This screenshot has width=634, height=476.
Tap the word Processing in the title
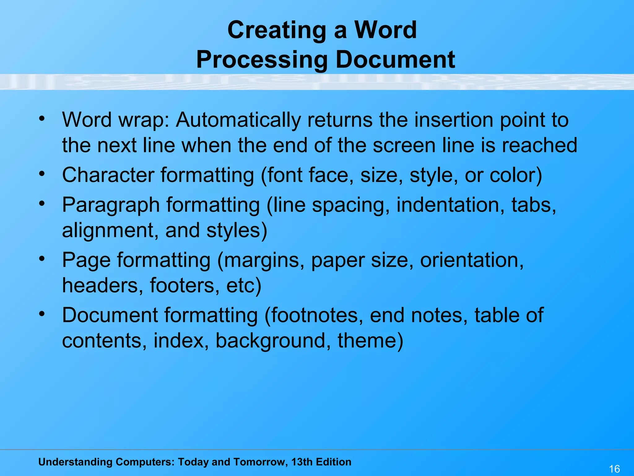click(x=262, y=59)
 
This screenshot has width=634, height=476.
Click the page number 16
click(x=614, y=469)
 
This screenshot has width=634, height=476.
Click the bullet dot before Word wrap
click(x=42, y=119)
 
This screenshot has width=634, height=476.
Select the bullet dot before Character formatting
click(x=42, y=174)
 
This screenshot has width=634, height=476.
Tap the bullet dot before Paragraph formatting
click(x=42, y=204)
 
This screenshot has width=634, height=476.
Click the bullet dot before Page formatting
click(x=42, y=259)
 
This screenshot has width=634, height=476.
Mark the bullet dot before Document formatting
click(x=42, y=314)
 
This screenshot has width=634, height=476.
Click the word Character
click(x=108, y=175)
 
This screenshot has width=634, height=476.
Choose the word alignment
click(x=110, y=231)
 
